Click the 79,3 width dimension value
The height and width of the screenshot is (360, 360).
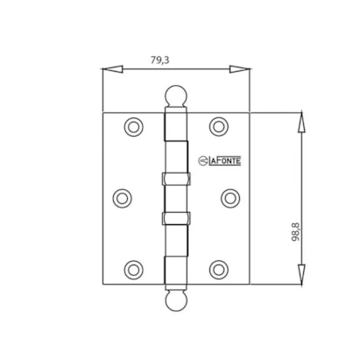pos(159,60)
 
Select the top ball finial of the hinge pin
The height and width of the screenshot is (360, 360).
pos(175,93)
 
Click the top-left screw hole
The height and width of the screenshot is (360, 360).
pos(133,127)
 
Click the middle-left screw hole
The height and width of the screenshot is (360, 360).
pos(123,198)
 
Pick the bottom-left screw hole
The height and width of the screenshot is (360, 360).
pos(133,269)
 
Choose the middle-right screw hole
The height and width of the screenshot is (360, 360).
pos(229,198)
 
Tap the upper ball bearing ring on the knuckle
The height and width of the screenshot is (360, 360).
pos(175,178)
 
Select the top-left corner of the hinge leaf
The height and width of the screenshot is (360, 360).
pos(102,112)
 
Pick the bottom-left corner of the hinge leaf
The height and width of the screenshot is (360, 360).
pos(102,285)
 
